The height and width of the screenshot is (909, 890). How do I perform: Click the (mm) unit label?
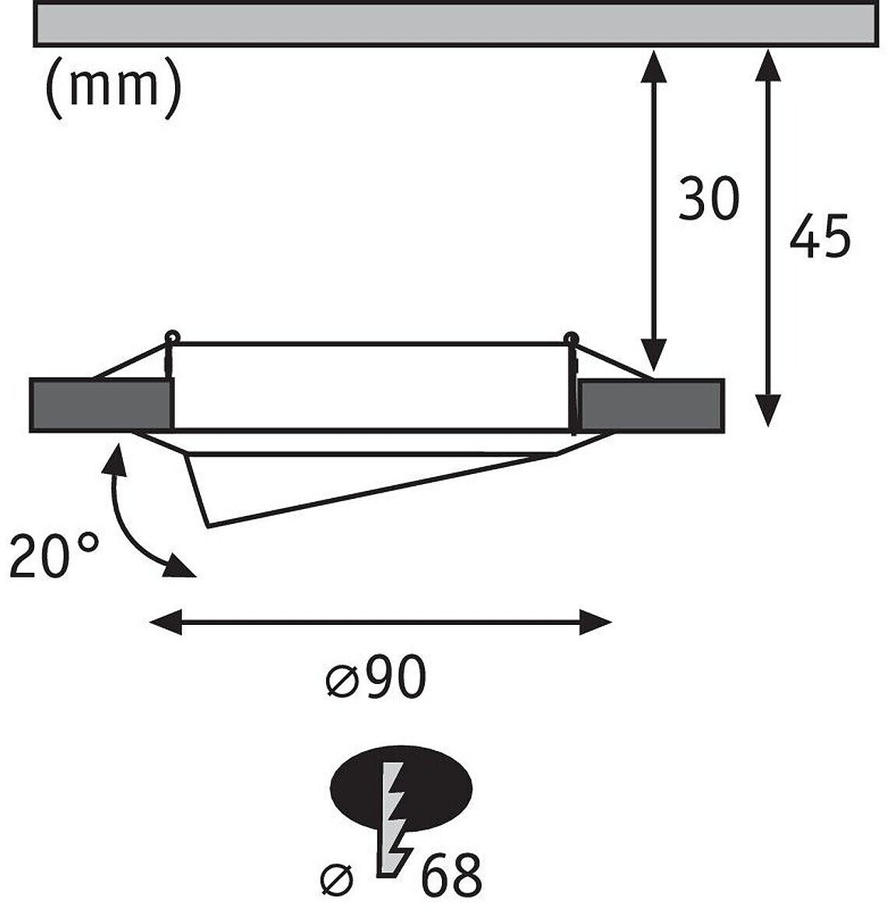pos(114,89)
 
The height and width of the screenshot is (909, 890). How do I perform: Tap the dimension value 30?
pos(708,198)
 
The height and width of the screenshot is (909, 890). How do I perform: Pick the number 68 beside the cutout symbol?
pos(451,876)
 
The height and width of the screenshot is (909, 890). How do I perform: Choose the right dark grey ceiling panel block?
pos(651,404)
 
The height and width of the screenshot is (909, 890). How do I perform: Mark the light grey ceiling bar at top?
pos(459,23)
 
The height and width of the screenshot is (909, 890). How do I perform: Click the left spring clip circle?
pos(172,337)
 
